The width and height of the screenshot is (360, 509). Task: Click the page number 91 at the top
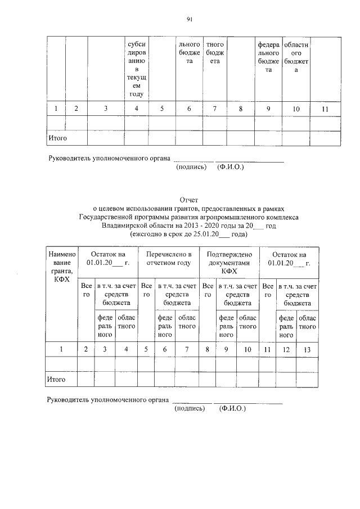(x=189, y=20)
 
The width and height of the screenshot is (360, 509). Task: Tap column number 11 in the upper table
(x=325, y=109)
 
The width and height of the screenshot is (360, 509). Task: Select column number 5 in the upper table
(x=161, y=109)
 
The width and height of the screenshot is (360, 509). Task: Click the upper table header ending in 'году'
(x=137, y=69)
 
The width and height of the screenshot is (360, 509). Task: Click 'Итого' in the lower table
(x=56, y=380)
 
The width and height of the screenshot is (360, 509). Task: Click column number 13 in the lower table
(x=307, y=349)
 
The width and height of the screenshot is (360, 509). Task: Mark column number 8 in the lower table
(x=208, y=349)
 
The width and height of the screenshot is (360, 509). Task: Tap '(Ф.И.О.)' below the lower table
(x=232, y=409)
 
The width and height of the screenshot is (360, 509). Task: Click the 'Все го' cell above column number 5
(x=146, y=290)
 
